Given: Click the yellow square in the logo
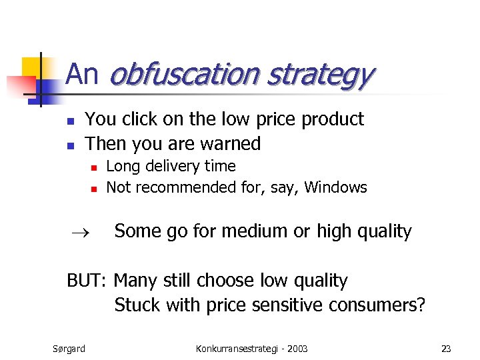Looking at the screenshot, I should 33,67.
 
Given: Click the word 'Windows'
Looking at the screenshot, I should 335,187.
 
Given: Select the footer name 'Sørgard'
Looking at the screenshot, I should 69,349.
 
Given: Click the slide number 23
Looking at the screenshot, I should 446,349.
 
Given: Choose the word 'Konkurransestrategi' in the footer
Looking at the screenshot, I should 233,349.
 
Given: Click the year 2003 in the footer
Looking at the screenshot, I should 297,349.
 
